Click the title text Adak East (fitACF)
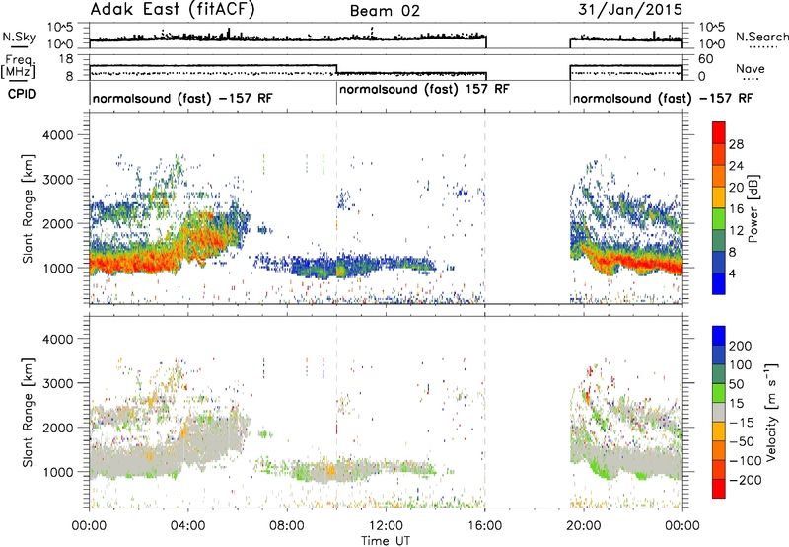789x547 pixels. (173, 10)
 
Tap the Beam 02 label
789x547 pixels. (385, 11)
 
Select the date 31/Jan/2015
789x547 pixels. (630, 10)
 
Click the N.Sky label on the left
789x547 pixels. (19, 37)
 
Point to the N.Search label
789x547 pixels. (762, 37)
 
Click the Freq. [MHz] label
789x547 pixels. (18, 67)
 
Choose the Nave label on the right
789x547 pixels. (751, 68)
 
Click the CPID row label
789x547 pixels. (22, 94)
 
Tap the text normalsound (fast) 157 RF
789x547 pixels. (424, 90)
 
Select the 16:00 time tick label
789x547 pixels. (484, 526)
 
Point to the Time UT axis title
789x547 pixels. (386, 541)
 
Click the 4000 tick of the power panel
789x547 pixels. (57, 135)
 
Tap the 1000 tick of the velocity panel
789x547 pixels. (57, 472)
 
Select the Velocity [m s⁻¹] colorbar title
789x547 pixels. (770, 412)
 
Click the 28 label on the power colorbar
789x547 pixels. (736, 144)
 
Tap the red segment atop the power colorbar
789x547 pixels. (719, 133)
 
